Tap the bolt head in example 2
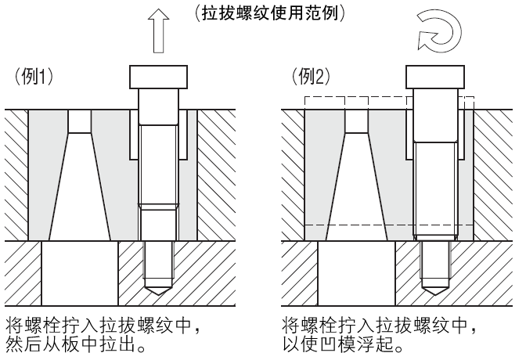(x=433, y=76)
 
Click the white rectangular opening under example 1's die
(x=78, y=274)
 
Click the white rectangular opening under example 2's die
(x=356, y=274)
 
